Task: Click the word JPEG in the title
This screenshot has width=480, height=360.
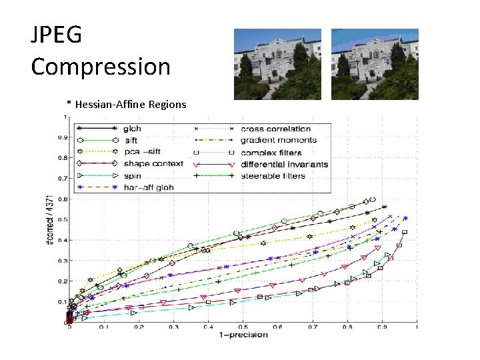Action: (56, 35)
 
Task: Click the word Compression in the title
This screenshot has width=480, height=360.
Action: (101, 67)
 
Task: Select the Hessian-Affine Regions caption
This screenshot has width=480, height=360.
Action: (127, 105)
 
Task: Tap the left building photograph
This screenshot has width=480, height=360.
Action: (277, 64)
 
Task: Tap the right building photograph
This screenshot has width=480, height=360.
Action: (375, 64)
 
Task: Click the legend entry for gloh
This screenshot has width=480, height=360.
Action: (133, 129)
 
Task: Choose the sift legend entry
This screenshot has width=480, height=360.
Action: (131, 141)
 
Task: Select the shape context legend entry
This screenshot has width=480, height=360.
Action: (153, 164)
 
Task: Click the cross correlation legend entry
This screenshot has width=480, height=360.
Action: (275, 129)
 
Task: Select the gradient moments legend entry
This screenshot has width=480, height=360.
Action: (278, 141)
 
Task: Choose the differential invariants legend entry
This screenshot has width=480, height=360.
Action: (284, 164)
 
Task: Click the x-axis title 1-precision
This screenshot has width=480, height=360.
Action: (244, 334)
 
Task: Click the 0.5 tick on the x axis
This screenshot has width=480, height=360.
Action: (243, 327)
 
